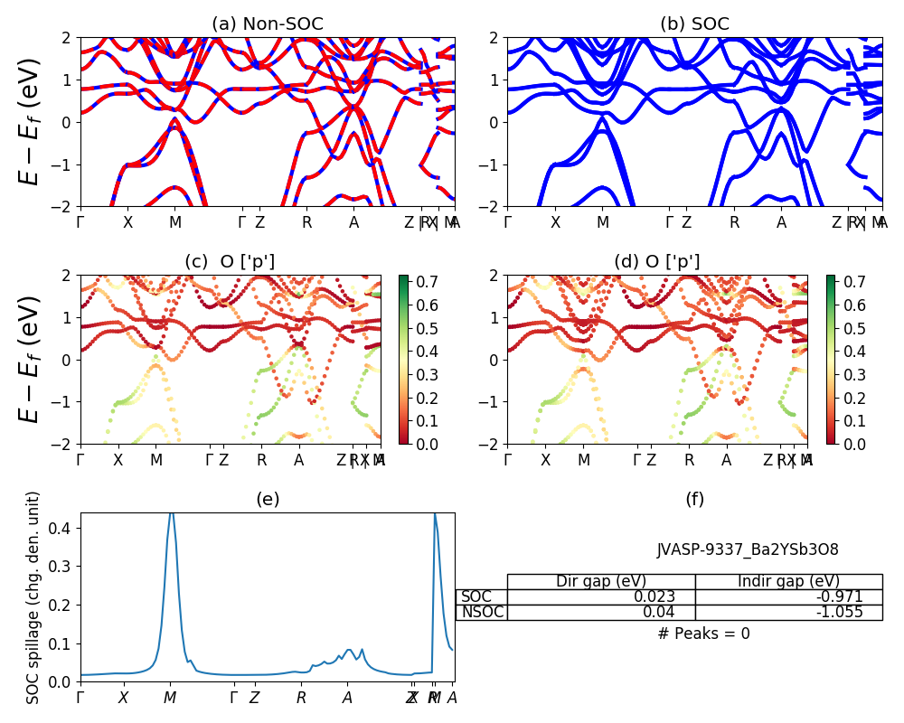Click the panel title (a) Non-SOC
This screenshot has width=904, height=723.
pyautogui.click(x=267, y=24)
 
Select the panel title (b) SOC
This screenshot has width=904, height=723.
pyautogui.click(x=694, y=24)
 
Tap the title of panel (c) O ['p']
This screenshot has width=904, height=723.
pyautogui.click(x=230, y=262)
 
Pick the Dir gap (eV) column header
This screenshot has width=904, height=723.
pyautogui.click(x=600, y=581)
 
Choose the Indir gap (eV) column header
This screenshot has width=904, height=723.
pyautogui.click(x=788, y=581)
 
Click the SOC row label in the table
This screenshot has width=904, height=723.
pyautogui.click(x=476, y=596)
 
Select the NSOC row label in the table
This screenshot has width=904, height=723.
pyautogui.click(x=482, y=612)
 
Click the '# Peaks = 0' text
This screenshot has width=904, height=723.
pyautogui.click(x=703, y=634)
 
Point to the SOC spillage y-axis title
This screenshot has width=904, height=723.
pyautogui.click(x=33, y=597)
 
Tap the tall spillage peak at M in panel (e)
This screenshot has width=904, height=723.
pyautogui.click(x=171, y=517)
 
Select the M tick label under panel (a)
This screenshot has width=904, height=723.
pyautogui.click(x=175, y=222)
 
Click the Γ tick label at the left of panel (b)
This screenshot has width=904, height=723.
pyautogui.click(x=508, y=222)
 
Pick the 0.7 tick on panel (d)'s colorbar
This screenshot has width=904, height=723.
pyautogui.click(x=855, y=282)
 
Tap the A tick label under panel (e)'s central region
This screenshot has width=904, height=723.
pyautogui.click(x=347, y=698)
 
